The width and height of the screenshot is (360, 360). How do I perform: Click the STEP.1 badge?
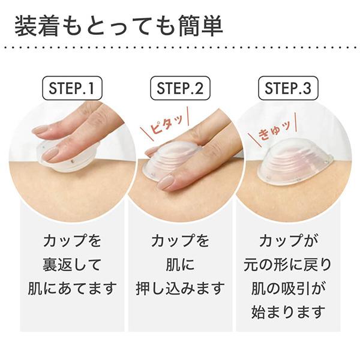[72, 89]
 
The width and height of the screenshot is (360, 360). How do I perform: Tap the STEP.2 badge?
[180, 89]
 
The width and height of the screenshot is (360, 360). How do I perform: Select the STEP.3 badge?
[288, 89]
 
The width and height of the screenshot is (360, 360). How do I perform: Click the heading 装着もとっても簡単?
[118, 28]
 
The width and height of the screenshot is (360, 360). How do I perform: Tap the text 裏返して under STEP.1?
[72, 265]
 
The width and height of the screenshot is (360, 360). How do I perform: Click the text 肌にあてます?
[72, 288]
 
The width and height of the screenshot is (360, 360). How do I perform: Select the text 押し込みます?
[180, 288]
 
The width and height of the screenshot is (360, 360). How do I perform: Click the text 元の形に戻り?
[288, 265]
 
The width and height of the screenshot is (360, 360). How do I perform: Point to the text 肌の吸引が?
[288, 288]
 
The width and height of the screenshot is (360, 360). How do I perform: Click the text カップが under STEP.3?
[288, 241]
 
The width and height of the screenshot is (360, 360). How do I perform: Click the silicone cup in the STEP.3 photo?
[294, 160]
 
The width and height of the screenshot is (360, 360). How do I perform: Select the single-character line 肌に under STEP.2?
[180, 265]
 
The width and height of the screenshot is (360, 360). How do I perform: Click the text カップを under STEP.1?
[72, 241]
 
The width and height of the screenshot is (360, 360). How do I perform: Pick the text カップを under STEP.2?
[180, 241]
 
